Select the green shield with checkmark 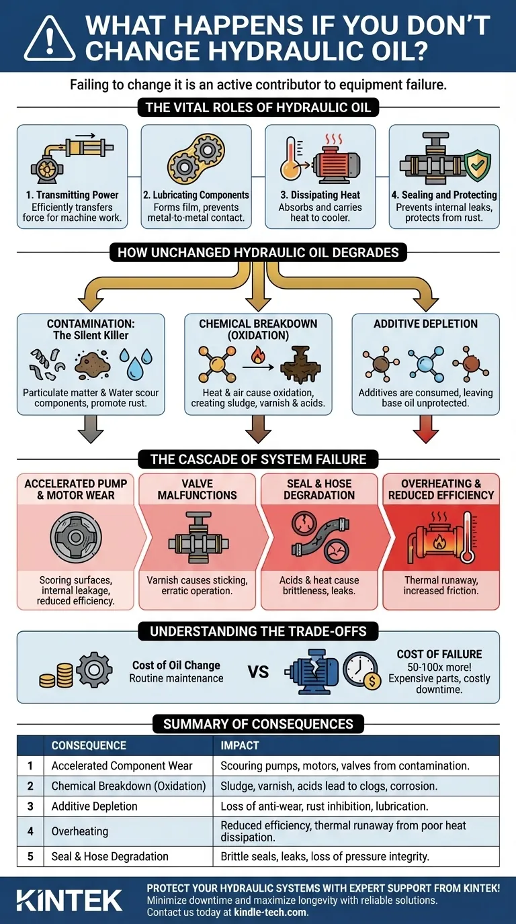coord(477,166)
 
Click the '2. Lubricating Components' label coord(196,195)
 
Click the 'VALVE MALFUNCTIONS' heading coord(197,489)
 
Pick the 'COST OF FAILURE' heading coord(439,655)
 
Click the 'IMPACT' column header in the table coord(240,745)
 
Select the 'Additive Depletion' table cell coord(94,806)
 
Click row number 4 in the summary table coord(30,831)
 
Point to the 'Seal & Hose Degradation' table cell coord(110,856)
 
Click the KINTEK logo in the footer coord(70,900)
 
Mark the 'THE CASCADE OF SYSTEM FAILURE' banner coord(257,460)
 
